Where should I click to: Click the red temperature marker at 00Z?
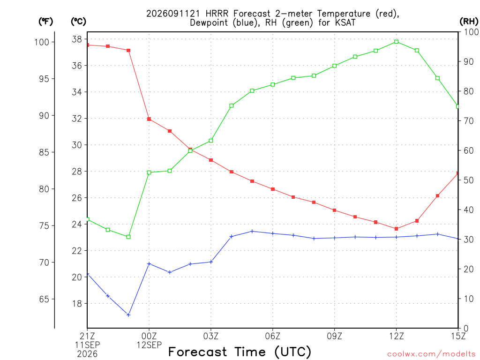149,119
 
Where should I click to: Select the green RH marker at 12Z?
397,42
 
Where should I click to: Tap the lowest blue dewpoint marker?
128,315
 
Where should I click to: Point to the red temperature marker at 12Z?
397,229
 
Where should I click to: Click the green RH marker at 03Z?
211,141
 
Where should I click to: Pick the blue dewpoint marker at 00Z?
149,263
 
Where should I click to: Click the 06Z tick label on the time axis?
272,336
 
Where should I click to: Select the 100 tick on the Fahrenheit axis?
42,42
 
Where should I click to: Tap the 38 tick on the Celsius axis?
77,39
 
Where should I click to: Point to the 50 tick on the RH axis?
469,180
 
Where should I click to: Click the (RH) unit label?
469,22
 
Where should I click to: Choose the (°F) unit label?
45,22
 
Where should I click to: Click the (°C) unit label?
78,22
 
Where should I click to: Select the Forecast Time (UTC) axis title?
240,352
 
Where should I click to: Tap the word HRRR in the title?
217,14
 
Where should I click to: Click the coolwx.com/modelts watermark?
431,354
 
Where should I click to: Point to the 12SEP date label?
149,345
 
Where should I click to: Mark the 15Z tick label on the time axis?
458,336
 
